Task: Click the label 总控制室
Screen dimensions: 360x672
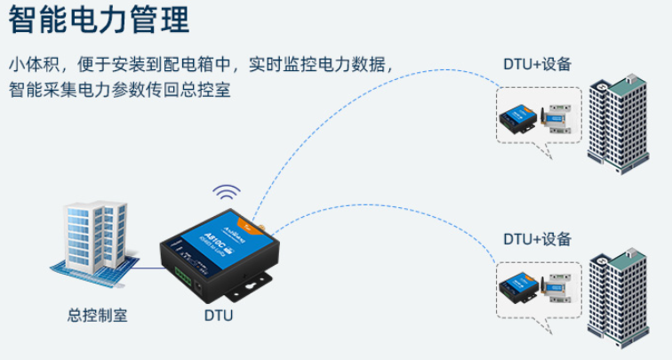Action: click(97, 314)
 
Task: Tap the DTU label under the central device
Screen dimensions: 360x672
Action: click(218, 314)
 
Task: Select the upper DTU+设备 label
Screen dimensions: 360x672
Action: click(537, 64)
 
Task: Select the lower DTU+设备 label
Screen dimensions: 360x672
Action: click(537, 239)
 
